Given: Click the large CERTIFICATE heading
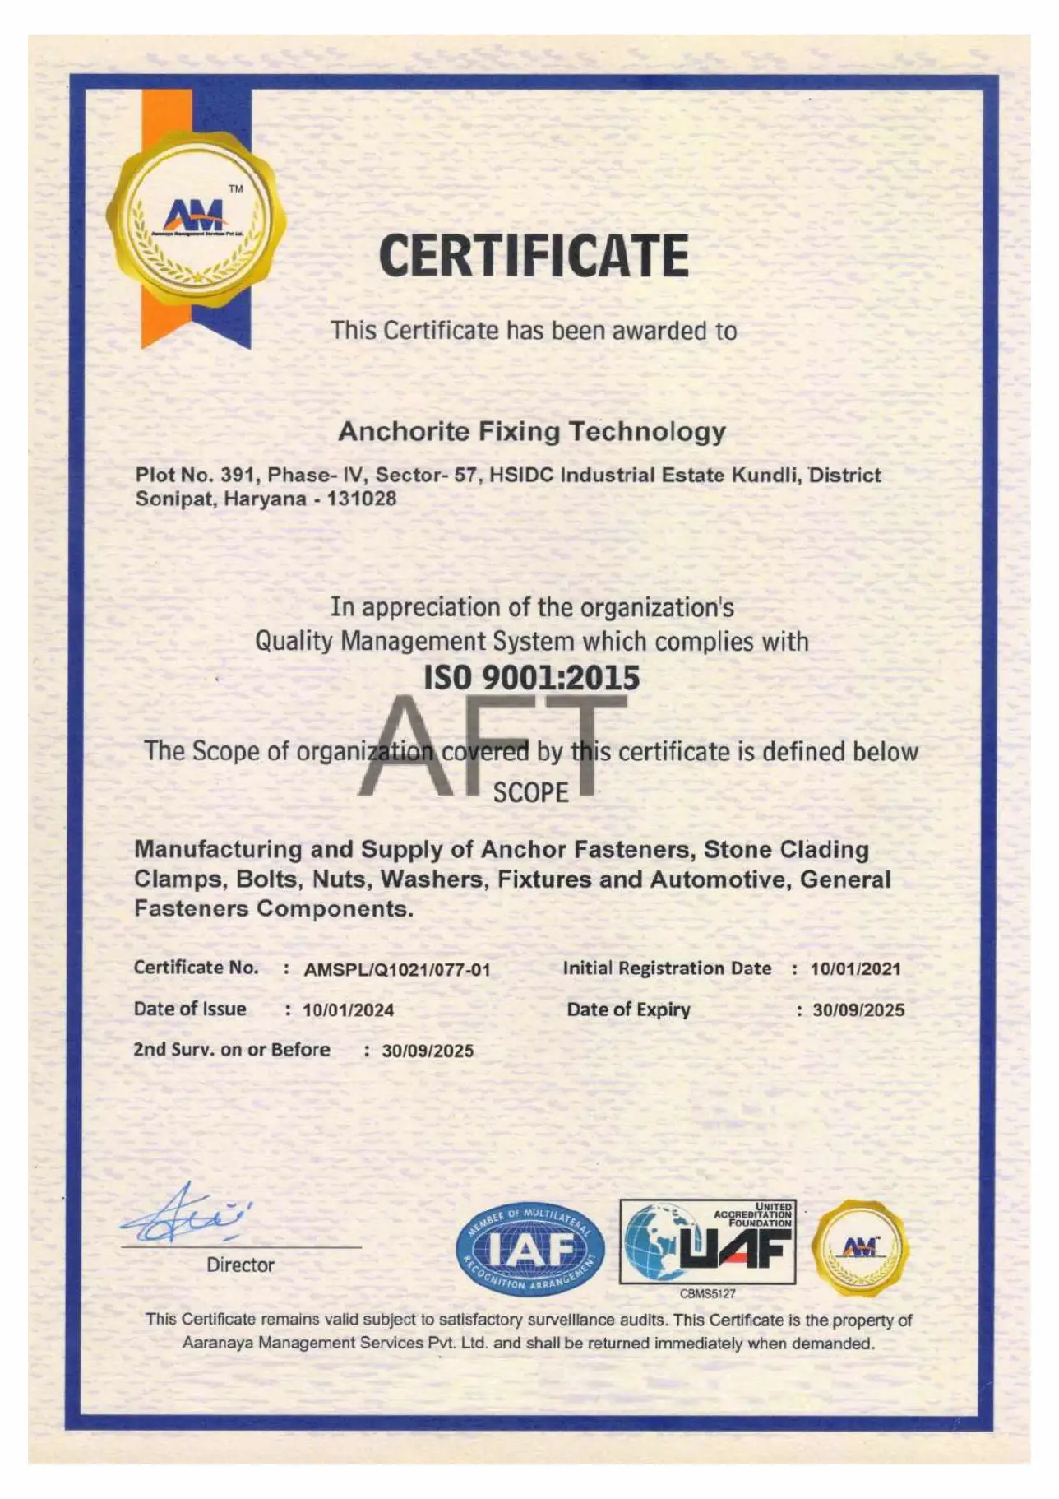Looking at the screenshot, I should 534,255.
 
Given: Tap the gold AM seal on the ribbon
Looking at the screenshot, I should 197,220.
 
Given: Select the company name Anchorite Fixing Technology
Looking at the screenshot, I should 532,431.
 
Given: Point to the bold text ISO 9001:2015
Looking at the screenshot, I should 531,677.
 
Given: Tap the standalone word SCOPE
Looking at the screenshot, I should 531,792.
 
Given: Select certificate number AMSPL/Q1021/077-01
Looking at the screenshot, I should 397,969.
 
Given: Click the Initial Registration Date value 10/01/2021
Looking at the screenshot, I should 855,968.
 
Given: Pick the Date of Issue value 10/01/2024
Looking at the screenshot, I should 348,1009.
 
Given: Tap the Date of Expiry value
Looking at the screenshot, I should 858,1009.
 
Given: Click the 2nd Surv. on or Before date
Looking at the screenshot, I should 428,1051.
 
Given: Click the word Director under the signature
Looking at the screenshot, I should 240,1265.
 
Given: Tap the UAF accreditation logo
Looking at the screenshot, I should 707,1242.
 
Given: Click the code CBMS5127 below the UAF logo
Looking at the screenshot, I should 707,1293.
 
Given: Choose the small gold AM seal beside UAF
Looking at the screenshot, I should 860,1248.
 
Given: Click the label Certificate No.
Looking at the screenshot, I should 196,968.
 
